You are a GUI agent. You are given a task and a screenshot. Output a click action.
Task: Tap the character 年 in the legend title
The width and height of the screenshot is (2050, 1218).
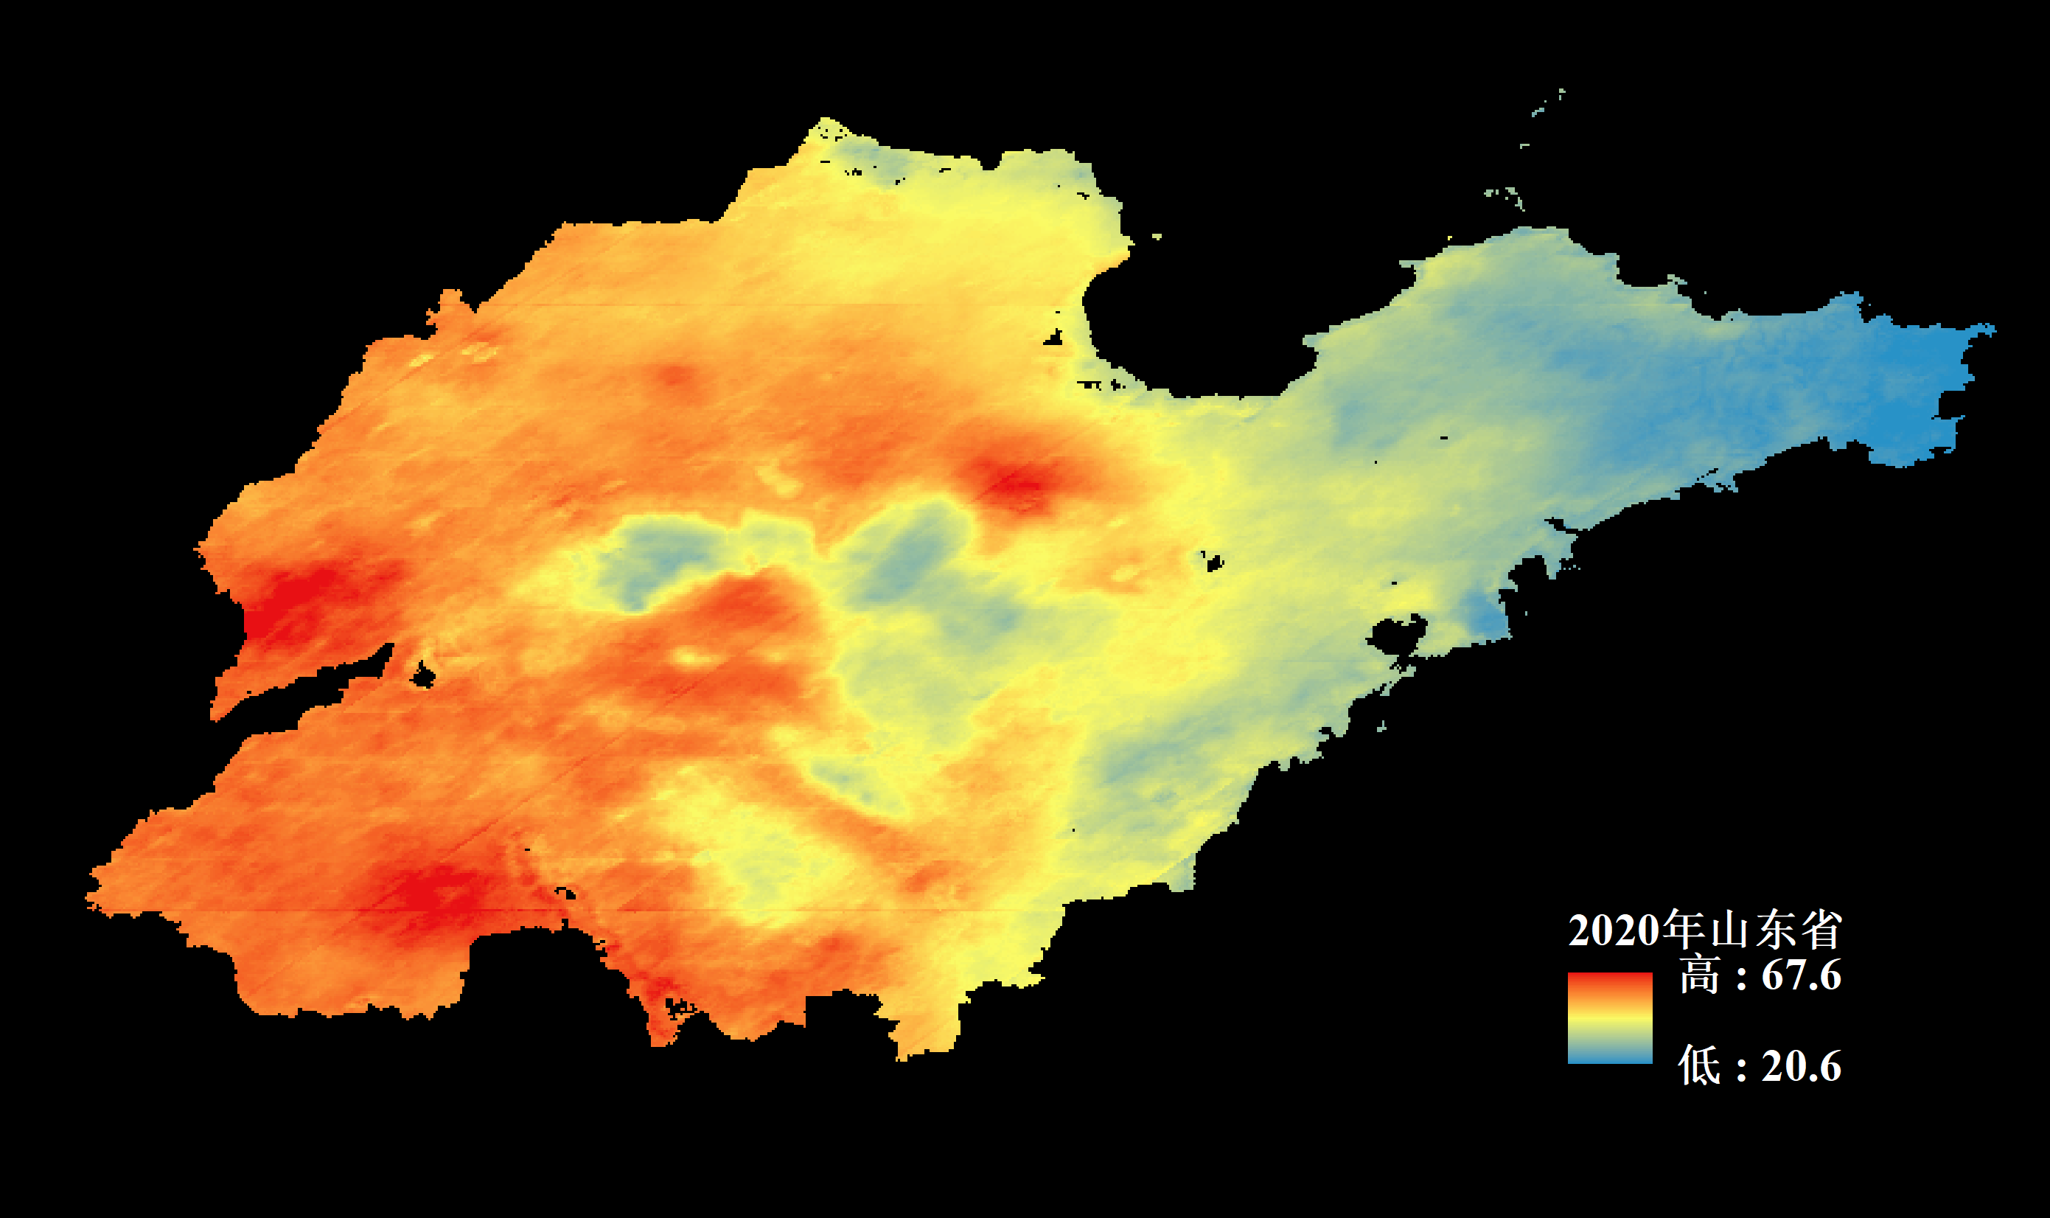(x=1682, y=930)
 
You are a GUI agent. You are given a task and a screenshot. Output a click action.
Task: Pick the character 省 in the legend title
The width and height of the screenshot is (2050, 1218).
(x=1821, y=931)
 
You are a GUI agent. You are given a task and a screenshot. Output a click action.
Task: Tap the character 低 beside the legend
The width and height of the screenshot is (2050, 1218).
(x=1699, y=1066)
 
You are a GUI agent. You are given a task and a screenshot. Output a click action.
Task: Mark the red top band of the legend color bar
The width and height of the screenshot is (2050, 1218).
(x=1609, y=980)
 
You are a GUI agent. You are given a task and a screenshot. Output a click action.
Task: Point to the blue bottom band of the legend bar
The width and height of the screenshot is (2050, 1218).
(x=1609, y=1057)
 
